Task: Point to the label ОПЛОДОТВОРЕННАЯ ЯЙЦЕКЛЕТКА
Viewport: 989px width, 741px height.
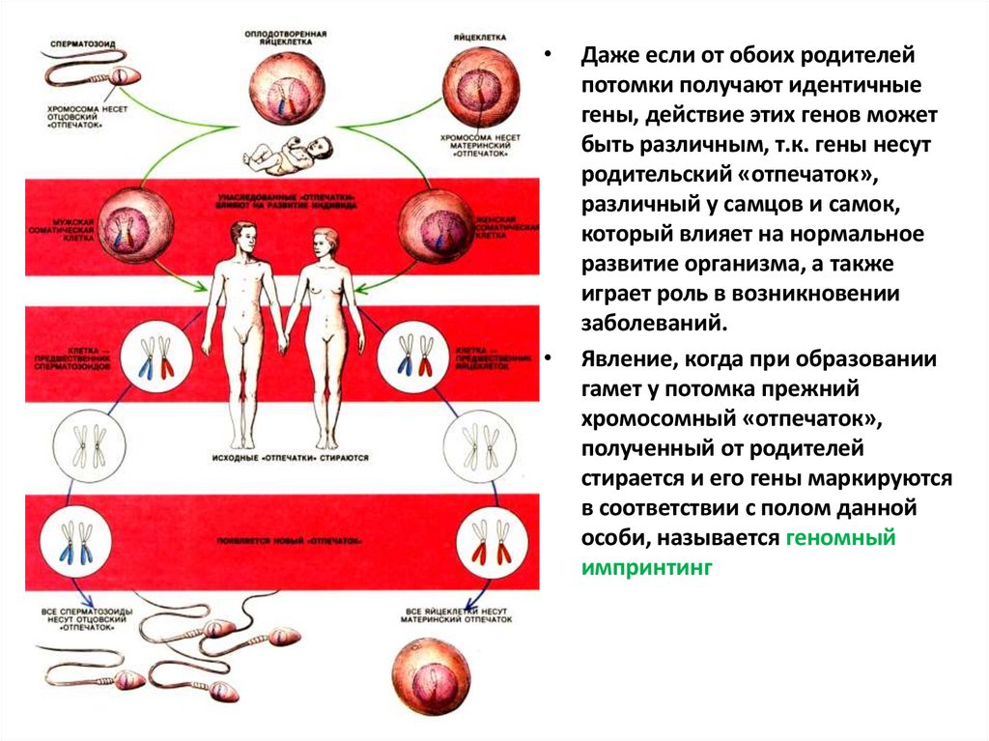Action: click(285, 38)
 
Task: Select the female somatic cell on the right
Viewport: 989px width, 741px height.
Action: click(436, 225)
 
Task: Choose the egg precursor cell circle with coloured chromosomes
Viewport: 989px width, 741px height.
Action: click(413, 357)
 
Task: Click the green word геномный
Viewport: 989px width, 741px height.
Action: click(839, 538)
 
